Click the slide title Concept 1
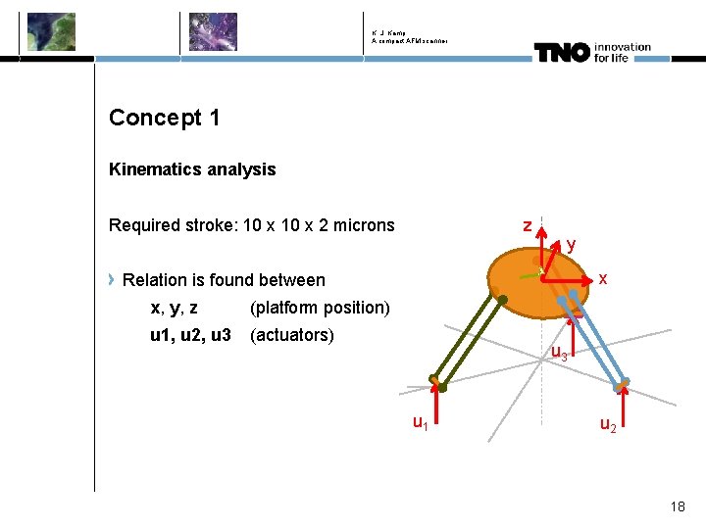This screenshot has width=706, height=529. tap(164, 119)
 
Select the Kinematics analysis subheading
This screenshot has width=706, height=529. tap(192, 169)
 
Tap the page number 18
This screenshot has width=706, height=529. tap(678, 506)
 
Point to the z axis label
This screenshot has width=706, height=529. tap(528, 226)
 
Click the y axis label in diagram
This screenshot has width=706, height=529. tap(571, 245)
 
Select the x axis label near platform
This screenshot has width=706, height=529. tap(603, 279)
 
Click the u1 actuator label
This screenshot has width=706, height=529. tap(419, 423)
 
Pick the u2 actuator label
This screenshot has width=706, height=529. tap(608, 425)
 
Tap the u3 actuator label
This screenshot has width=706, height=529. tap(558, 354)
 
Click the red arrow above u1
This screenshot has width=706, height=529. tap(440, 405)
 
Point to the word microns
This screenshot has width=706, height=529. tap(361, 226)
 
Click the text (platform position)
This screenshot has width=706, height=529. tap(320, 308)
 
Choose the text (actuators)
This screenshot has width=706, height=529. tap(292, 335)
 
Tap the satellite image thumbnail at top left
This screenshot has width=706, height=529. tap(51, 31)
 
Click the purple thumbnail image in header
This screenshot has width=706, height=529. tap(213, 31)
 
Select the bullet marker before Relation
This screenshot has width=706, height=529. tap(113, 280)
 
